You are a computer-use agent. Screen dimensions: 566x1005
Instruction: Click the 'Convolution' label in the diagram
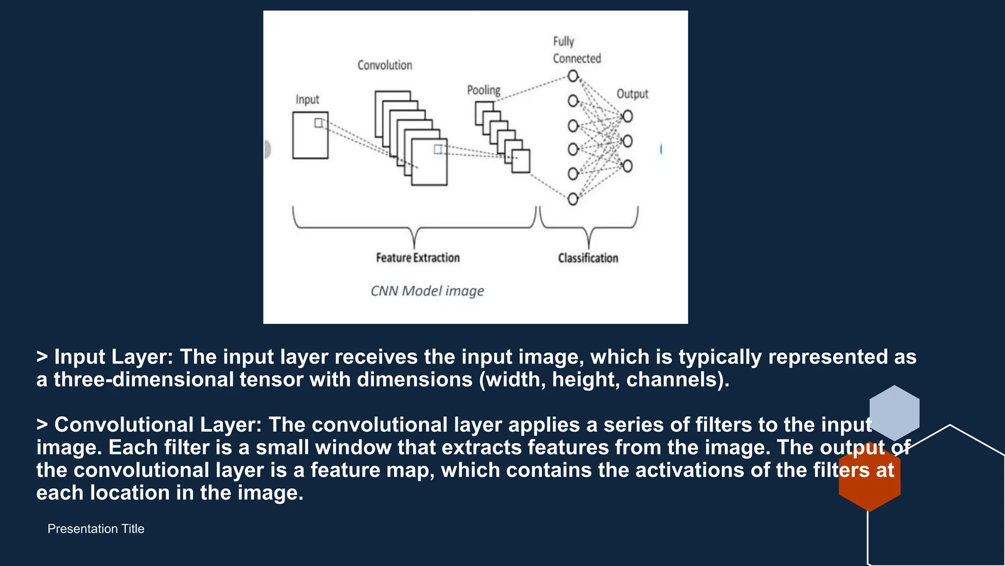pyautogui.click(x=385, y=65)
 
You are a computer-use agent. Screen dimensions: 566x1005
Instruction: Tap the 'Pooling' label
pyautogui.click(x=483, y=90)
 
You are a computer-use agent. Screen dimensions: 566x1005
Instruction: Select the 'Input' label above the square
pyautogui.click(x=307, y=100)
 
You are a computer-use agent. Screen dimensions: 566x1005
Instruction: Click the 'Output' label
pyautogui.click(x=632, y=94)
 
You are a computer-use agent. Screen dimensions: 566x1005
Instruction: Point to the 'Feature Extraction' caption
pyautogui.click(x=418, y=258)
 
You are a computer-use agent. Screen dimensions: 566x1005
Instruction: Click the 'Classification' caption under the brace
pyautogui.click(x=588, y=258)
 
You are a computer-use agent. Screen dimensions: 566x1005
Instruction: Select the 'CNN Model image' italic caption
pyautogui.click(x=427, y=291)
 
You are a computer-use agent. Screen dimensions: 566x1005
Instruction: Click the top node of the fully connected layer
pyautogui.click(x=573, y=76)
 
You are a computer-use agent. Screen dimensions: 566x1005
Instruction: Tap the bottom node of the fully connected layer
pyautogui.click(x=573, y=199)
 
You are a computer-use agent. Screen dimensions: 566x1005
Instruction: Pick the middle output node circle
pyautogui.click(x=627, y=141)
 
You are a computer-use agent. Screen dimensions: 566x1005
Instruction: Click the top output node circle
pyautogui.click(x=627, y=116)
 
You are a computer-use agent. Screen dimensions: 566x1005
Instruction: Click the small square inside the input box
pyautogui.click(x=318, y=123)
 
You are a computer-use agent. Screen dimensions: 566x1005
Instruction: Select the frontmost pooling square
pyautogui.click(x=521, y=161)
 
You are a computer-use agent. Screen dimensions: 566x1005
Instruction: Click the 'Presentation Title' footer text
pyautogui.click(x=96, y=529)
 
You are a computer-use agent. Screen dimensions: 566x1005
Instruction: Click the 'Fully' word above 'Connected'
pyautogui.click(x=563, y=42)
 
